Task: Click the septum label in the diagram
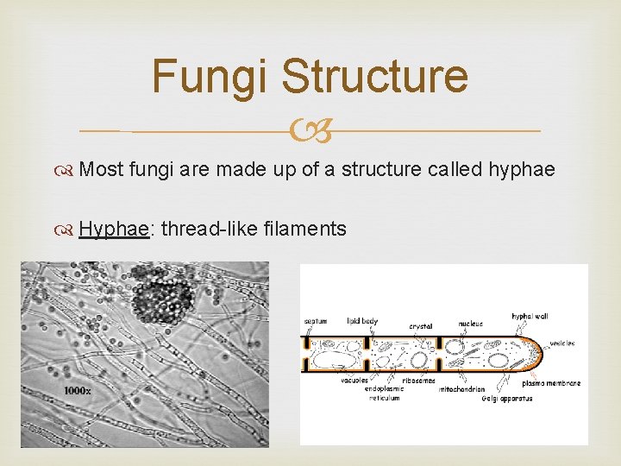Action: pos(316,321)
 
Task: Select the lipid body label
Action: pos(362,321)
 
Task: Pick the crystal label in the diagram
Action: pos(420,325)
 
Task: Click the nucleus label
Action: pos(470,323)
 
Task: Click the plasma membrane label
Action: pos(551,383)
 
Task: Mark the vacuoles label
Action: pos(354,380)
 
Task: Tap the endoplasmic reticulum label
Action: pos(384,394)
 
